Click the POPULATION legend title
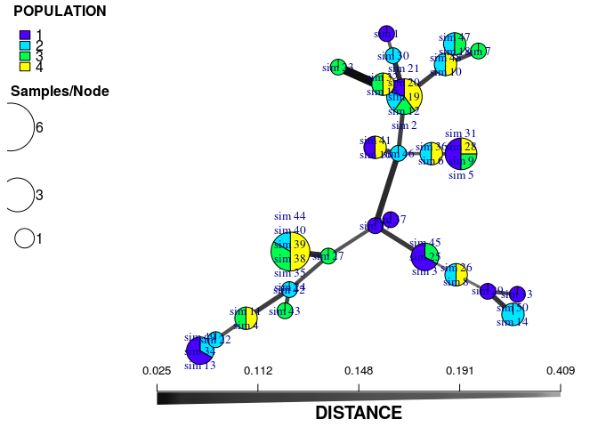coord(60,12)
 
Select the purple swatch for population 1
coord(26,36)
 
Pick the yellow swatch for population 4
coord(26,66)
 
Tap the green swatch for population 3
coord(26,56)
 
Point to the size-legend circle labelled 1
coord(24,238)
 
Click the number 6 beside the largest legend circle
coord(39,127)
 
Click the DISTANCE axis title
coord(359,414)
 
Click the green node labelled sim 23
coord(338,67)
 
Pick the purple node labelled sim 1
coord(386,34)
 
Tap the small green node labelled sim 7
coord(478,51)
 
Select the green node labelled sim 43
coord(285,310)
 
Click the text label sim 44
coord(290,216)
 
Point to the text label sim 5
coord(461,175)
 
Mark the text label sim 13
coord(200,365)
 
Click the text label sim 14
coord(513,322)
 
